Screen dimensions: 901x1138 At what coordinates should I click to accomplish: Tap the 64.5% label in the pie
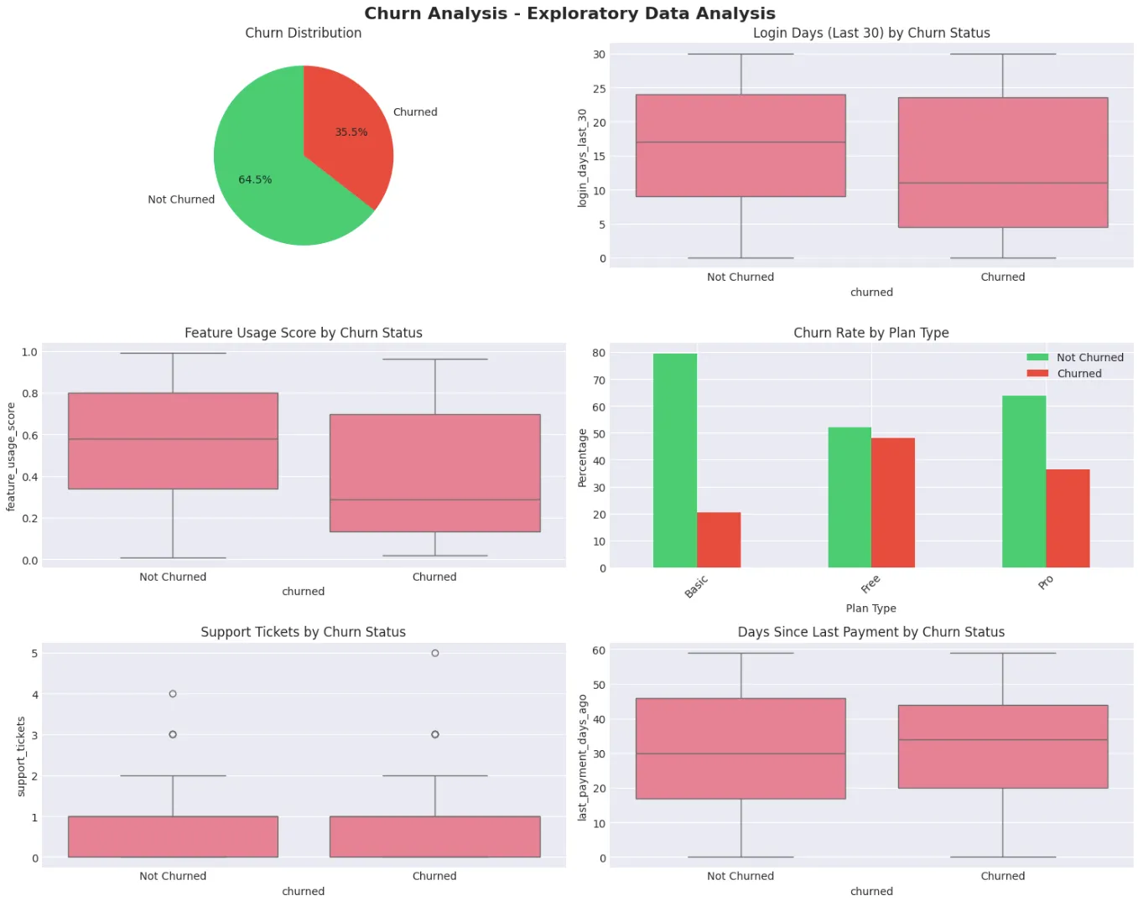255,179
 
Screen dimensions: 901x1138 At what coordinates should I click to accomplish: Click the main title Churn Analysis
569,13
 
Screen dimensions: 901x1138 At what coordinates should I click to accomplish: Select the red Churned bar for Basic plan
719,540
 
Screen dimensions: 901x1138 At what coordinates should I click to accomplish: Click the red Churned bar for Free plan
893,503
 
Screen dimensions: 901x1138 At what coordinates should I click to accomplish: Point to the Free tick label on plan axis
870,583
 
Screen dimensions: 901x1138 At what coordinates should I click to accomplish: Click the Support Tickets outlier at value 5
434,653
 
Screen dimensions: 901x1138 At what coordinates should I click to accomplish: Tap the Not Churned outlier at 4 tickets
173,694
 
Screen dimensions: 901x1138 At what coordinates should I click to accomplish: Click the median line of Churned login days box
1002,183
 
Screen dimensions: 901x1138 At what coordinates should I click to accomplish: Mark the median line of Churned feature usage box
434,500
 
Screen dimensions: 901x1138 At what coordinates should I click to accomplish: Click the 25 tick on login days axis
599,89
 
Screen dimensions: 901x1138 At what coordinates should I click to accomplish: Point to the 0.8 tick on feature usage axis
30,393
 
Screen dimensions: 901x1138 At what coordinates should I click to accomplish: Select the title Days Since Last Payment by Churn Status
870,632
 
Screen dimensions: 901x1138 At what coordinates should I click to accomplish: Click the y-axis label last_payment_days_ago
583,757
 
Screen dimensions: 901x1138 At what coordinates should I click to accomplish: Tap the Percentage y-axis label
583,458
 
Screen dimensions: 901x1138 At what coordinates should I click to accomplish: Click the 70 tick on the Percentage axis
599,381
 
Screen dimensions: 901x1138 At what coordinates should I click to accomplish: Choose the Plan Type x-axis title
870,608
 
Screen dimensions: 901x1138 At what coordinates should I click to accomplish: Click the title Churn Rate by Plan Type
870,333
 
